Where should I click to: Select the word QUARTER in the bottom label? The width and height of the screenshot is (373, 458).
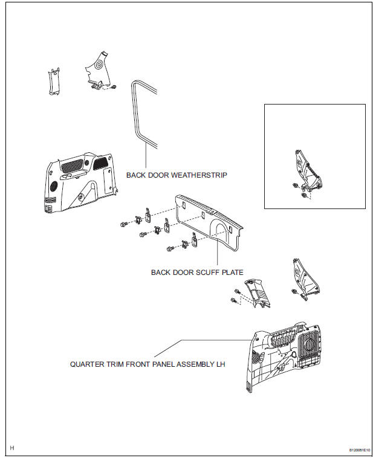click(x=86, y=364)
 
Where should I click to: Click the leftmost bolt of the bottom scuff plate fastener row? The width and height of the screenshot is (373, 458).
click(x=167, y=248)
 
